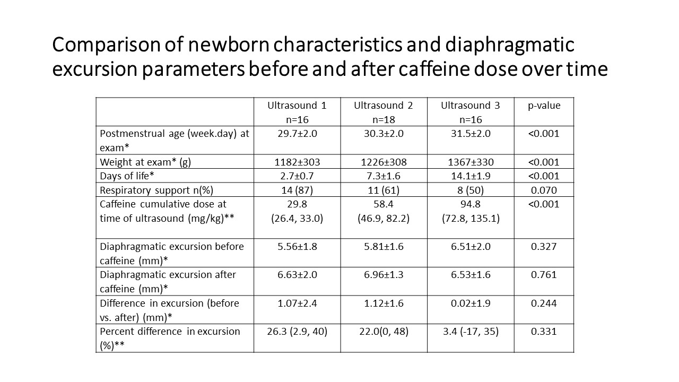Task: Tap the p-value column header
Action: point(544,106)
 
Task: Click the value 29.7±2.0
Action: point(297,134)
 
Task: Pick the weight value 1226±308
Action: point(384,162)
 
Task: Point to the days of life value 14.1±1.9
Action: point(471,176)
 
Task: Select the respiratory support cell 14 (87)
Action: point(297,190)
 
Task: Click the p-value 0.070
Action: point(544,190)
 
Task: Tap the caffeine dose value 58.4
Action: point(384,204)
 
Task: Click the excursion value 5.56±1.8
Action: point(297,247)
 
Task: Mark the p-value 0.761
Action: point(544,275)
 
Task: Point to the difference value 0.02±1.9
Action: point(471,303)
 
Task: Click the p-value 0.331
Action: point(544,332)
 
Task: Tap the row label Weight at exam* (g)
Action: point(145,162)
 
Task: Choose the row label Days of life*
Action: point(127,176)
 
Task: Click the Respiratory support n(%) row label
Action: point(156,190)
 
